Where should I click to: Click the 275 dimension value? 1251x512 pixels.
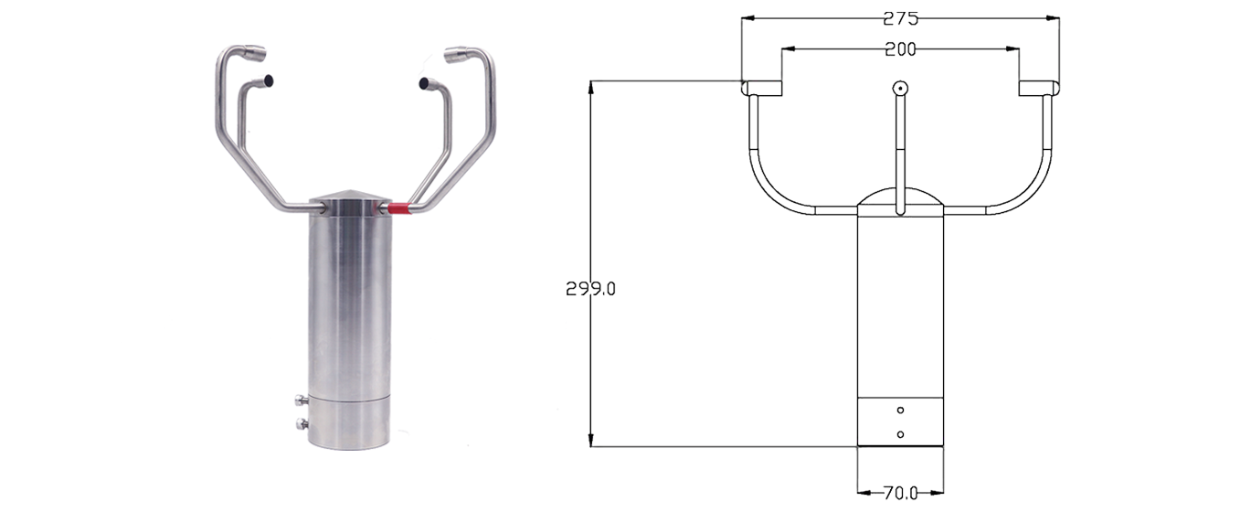pyautogui.click(x=900, y=19)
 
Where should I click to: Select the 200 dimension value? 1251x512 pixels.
pyautogui.click(x=900, y=49)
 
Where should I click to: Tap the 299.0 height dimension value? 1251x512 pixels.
pyautogui.click(x=590, y=289)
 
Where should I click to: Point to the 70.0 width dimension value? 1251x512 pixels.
pyautogui.click(x=900, y=493)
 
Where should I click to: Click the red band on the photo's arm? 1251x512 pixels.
pyautogui.click(x=399, y=208)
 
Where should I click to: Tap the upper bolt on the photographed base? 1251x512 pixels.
pyautogui.click(x=301, y=400)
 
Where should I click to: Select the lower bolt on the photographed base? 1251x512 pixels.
pyautogui.click(x=301, y=423)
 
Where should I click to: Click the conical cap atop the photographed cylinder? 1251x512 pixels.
pyautogui.click(x=350, y=200)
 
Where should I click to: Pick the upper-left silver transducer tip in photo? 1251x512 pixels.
pyautogui.click(x=255, y=54)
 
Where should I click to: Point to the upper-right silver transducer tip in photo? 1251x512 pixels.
pyautogui.click(x=457, y=56)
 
